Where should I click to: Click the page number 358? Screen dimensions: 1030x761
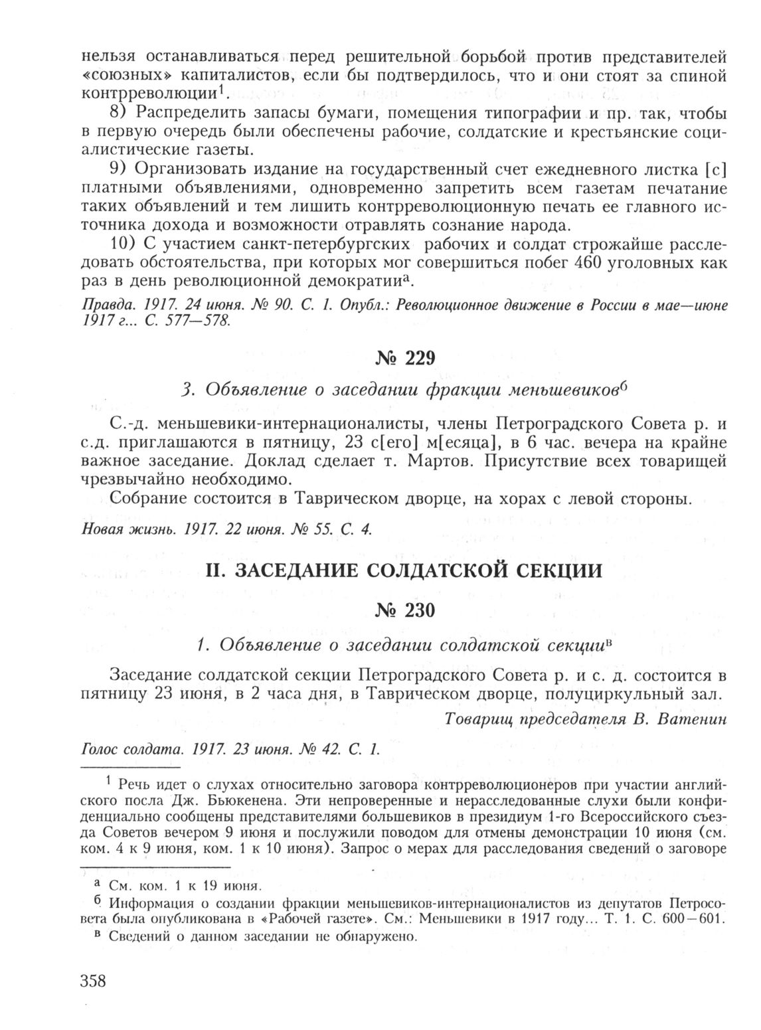[x=93, y=982]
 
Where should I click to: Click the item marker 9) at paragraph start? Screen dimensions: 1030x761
[x=120, y=169]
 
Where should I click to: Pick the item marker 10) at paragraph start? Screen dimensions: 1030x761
[x=124, y=244]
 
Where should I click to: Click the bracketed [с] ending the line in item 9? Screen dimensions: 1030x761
[x=715, y=169]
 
